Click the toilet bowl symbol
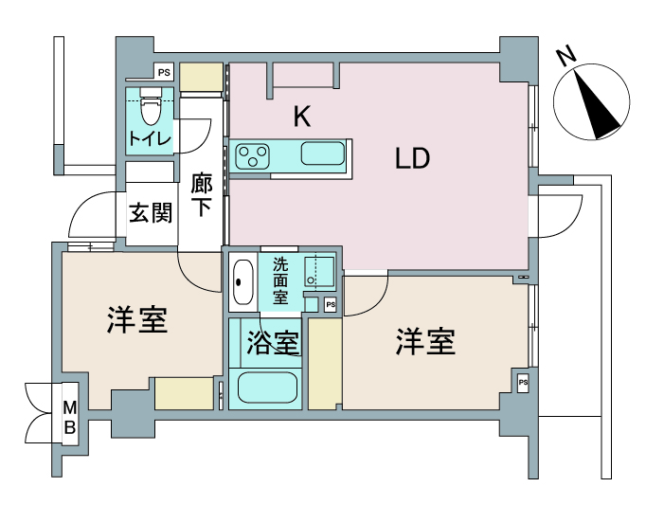[x=151, y=106]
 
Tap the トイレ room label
[x=150, y=138]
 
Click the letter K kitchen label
[x=301, y=117]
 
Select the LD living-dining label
[x=412, y=158]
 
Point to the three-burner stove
[x=252, y=156]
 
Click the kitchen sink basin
[x=323, y=153]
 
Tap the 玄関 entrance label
[x=151, y=213]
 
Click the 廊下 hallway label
[x=202, y=195]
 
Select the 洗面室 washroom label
[x=280, y=280]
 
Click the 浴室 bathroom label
[x=273, y=343]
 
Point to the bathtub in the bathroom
[x=268, y=388]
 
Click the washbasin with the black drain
[x=242, y=281]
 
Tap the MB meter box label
[x=70, y=418]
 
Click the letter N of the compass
[x=566, y=57]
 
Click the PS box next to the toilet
[x=164, y=72]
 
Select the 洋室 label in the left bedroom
[x=137, y=319]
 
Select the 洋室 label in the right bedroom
[x=426, y=342]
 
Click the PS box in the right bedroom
[x=523, y=382]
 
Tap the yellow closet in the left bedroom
[x=184, y=394]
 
